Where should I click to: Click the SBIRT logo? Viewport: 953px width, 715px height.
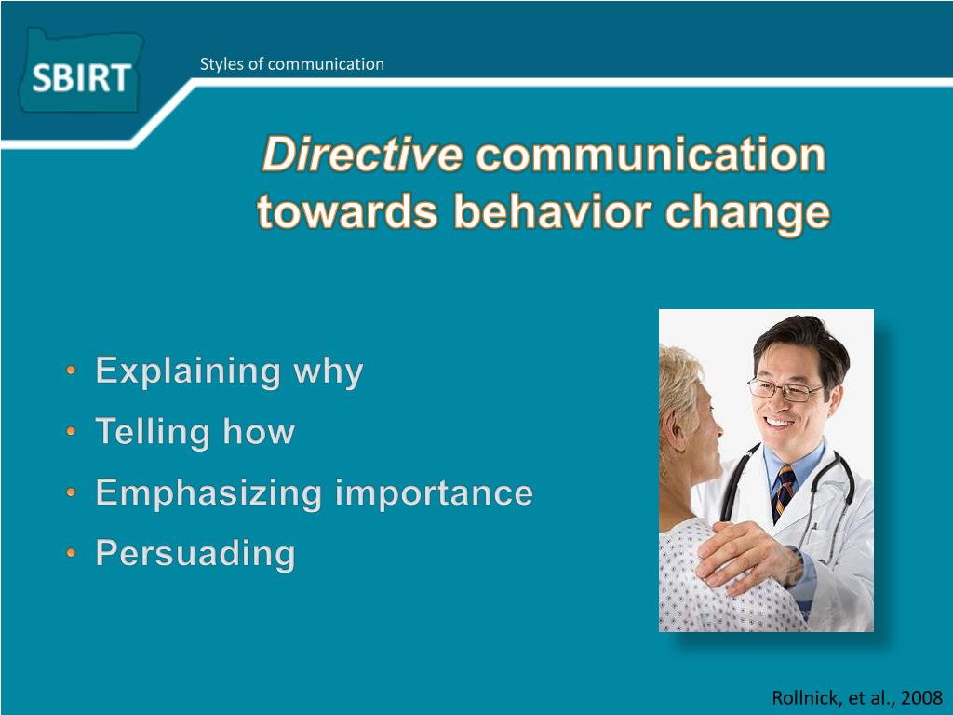[x=81, y=72]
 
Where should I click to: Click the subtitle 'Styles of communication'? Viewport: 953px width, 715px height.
[x=291, y=64]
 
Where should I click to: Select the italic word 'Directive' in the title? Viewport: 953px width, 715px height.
[x=362, y=155]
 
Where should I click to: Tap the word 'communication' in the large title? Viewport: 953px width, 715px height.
[x=651, y=155]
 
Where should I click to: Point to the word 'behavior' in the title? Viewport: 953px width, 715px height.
[x=552, y=212]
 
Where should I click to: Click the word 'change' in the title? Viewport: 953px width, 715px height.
[x=747, y=214]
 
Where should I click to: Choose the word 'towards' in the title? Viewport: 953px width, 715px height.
[x=347, y=212]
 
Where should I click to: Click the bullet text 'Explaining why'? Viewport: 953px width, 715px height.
[x=229, y=371]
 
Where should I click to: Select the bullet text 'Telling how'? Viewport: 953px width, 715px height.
[x=195, y=432]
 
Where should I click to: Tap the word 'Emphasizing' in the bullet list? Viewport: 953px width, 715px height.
[x=208, y=493]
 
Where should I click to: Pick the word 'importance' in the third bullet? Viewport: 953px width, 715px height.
[x=434, y=493]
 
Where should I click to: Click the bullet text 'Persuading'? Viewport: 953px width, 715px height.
[x=195, y=554]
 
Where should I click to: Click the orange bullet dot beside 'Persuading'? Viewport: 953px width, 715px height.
[x=71, y=553]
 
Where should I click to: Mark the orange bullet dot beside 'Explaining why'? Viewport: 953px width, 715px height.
[x=71, y=370]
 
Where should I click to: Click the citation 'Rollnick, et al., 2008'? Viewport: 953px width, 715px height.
[x=857, y=697]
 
